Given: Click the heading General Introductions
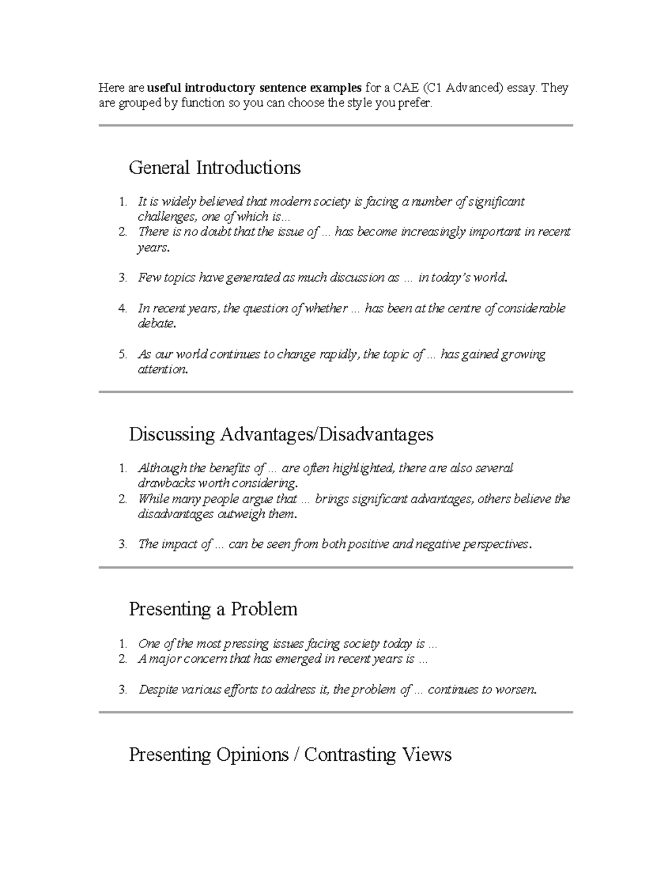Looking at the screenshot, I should click(214, 168).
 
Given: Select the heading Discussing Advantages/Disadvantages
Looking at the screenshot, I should click(281, 434).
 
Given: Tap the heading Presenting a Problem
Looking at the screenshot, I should click(213, 609).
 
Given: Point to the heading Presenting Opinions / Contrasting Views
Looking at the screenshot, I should click(290, 755).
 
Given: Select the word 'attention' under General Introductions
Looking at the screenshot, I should click(161, 370).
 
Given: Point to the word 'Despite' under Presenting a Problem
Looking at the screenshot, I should click(157, 690).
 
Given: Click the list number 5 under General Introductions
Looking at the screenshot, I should click(122, 355).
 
